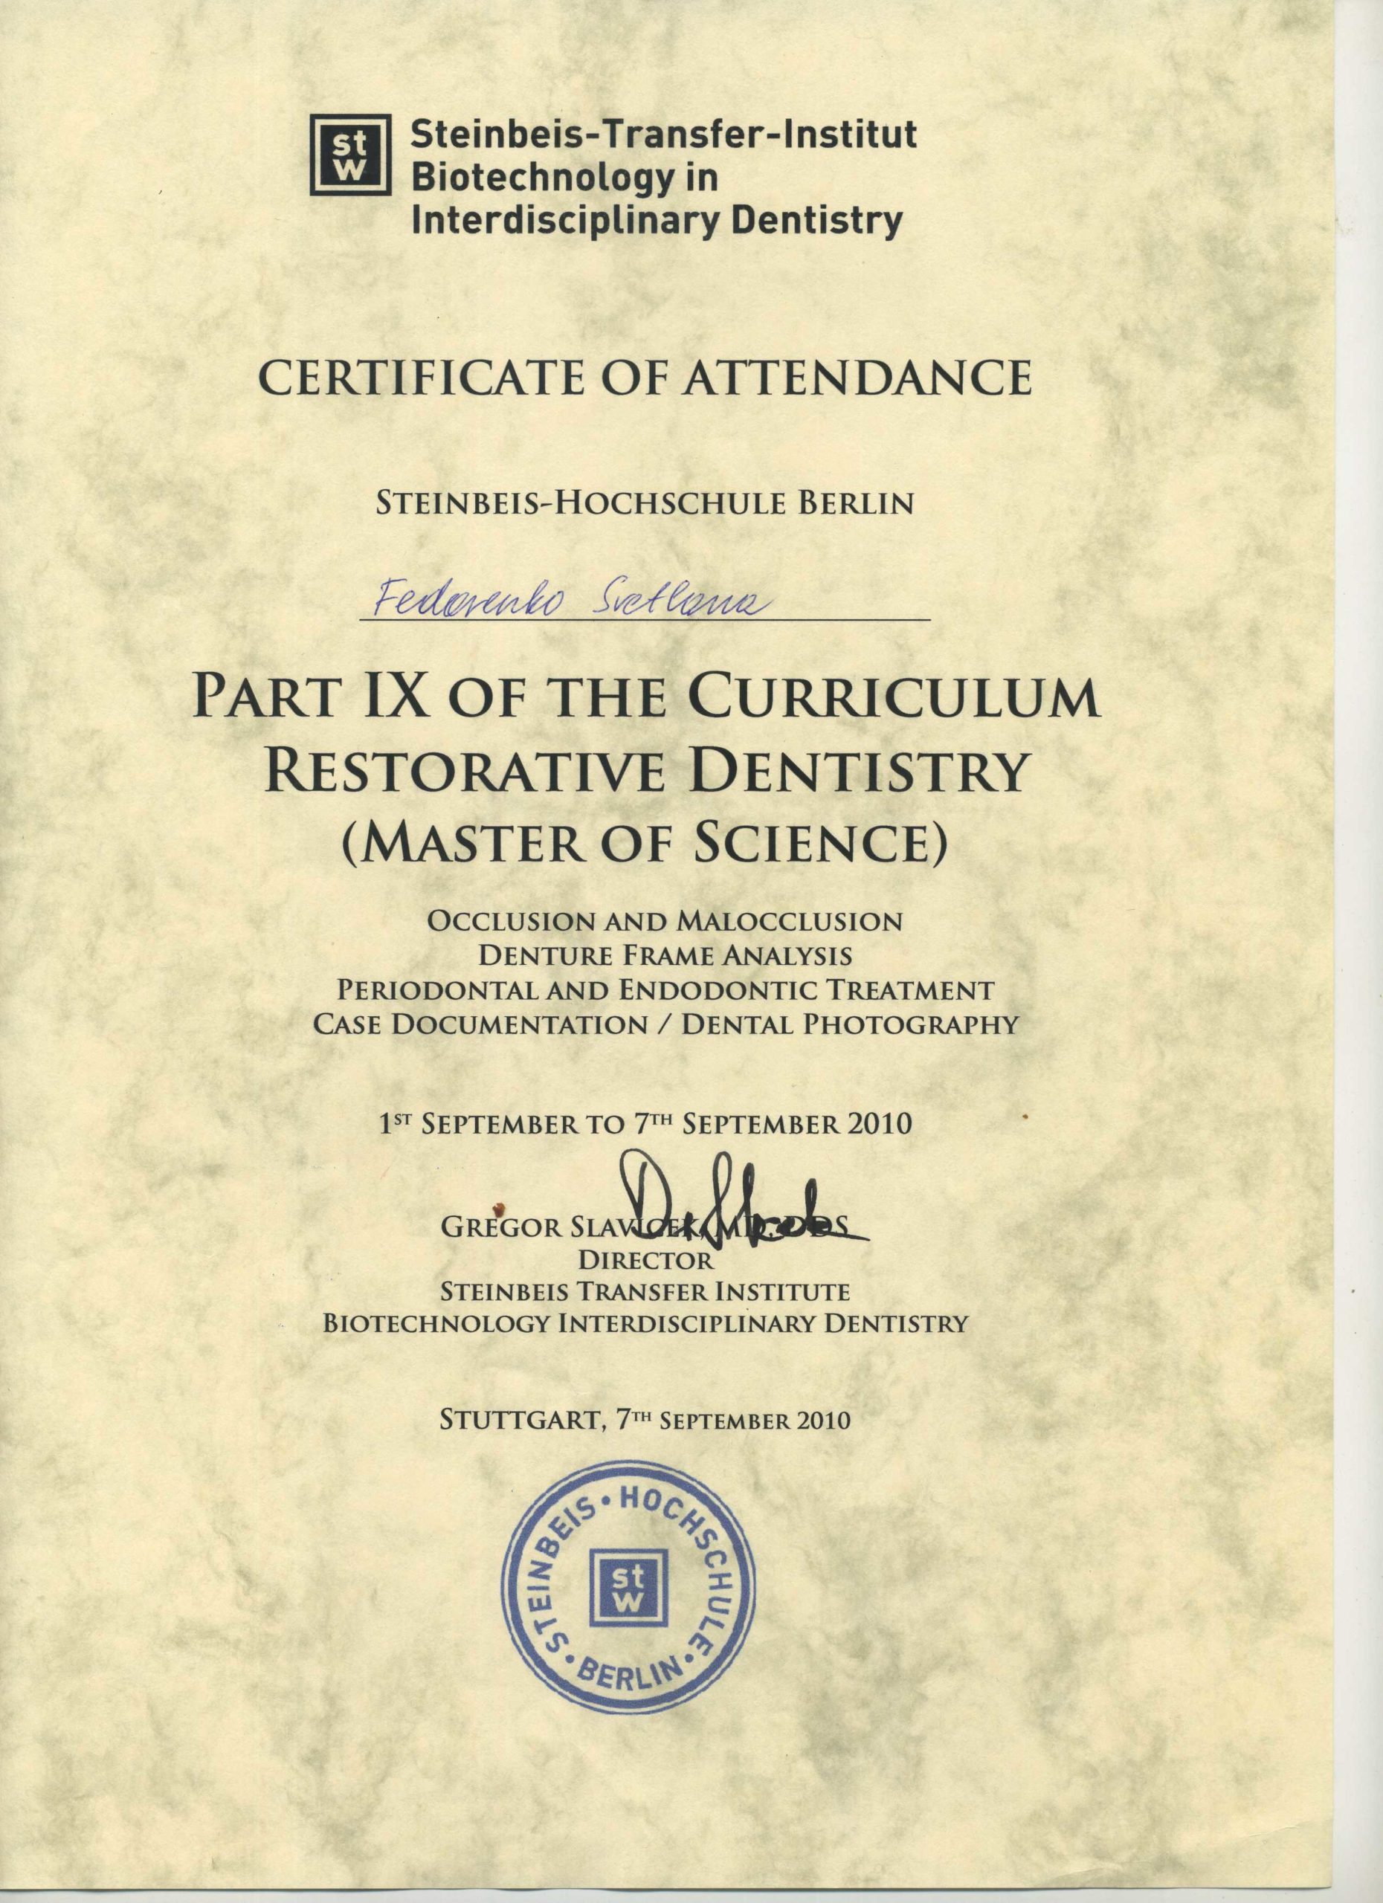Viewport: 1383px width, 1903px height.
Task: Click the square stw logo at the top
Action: (351, 155)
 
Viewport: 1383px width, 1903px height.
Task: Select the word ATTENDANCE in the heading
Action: (857, 378)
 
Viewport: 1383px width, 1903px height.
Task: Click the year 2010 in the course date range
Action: (879, 1123)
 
